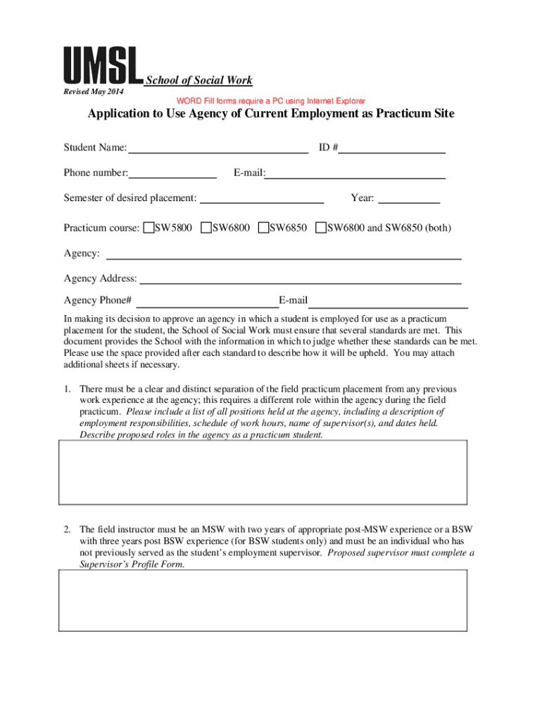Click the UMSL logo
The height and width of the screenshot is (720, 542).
[103, 67]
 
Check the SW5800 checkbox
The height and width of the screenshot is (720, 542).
[149, 228]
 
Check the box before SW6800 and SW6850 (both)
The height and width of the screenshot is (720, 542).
[321, 228]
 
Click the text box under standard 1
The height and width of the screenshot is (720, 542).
[263, 472]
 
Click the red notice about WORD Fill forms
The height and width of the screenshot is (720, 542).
[270, 101]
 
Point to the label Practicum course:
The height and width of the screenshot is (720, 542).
[101, 229]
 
